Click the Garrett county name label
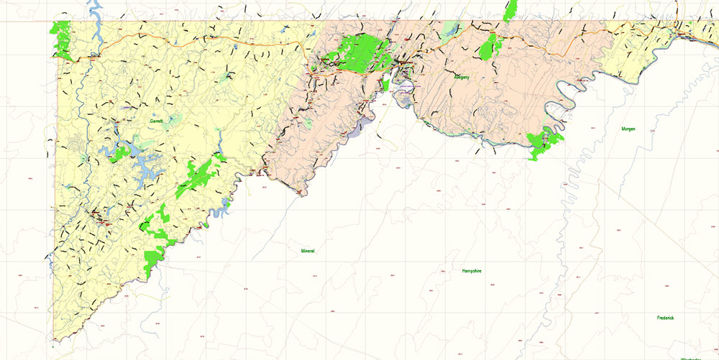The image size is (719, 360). [x=156, y=121]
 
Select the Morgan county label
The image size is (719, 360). [x=628, y=129]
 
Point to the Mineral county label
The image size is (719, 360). [x=308, y=251]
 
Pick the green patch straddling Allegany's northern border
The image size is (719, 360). [x=510, y=10]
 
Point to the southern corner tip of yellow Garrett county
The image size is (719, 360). [x=54, y=338]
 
